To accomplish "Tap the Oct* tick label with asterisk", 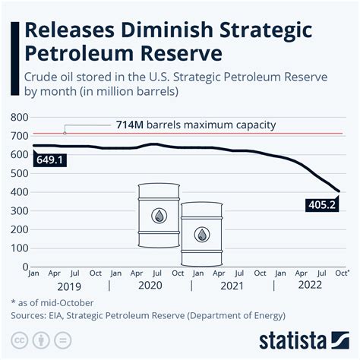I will (x=342, y=273).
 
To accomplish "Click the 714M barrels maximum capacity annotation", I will (x=194, y=125).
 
